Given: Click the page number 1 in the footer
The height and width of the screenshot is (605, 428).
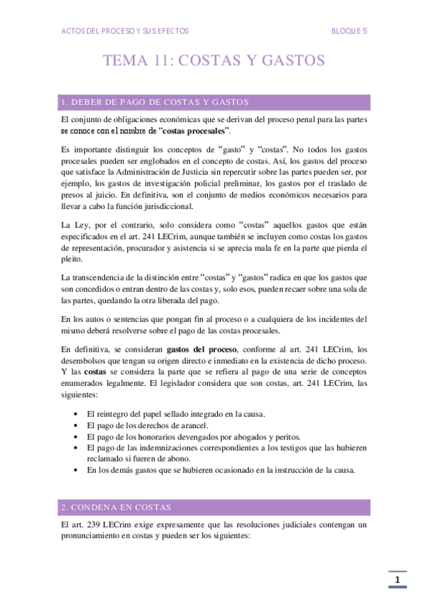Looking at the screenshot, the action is pyautogui.click(x=398, y=580).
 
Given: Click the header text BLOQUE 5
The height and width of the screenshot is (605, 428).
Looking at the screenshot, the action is pyautogui.click(x=349, y=31).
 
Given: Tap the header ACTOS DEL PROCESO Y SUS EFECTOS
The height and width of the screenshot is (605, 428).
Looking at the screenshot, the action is pyautogui.click(x=125, y=31).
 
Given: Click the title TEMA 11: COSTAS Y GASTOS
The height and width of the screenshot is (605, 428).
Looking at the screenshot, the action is pyautogui.click(x=214, y=61).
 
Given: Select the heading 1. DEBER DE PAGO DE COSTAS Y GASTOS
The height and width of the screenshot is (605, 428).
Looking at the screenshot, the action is pyautogui.click(x=155, y=101).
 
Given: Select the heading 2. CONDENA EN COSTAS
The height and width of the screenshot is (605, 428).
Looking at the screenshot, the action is pyautogui.click(x=116, y=507).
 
